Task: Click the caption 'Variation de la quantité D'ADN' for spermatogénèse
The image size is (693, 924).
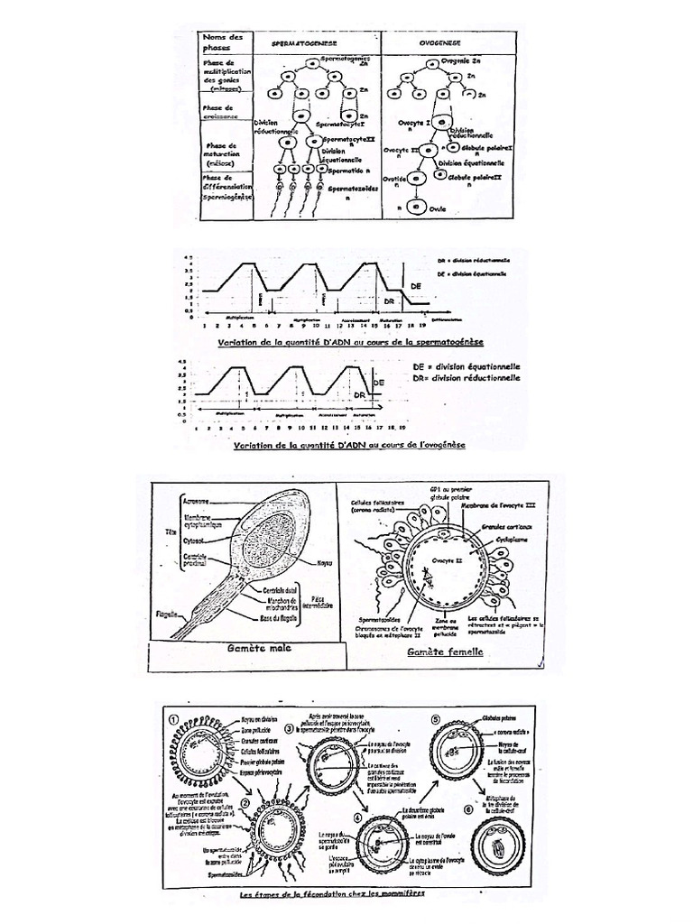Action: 351,343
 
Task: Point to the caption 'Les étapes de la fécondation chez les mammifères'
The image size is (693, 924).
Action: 332,896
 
